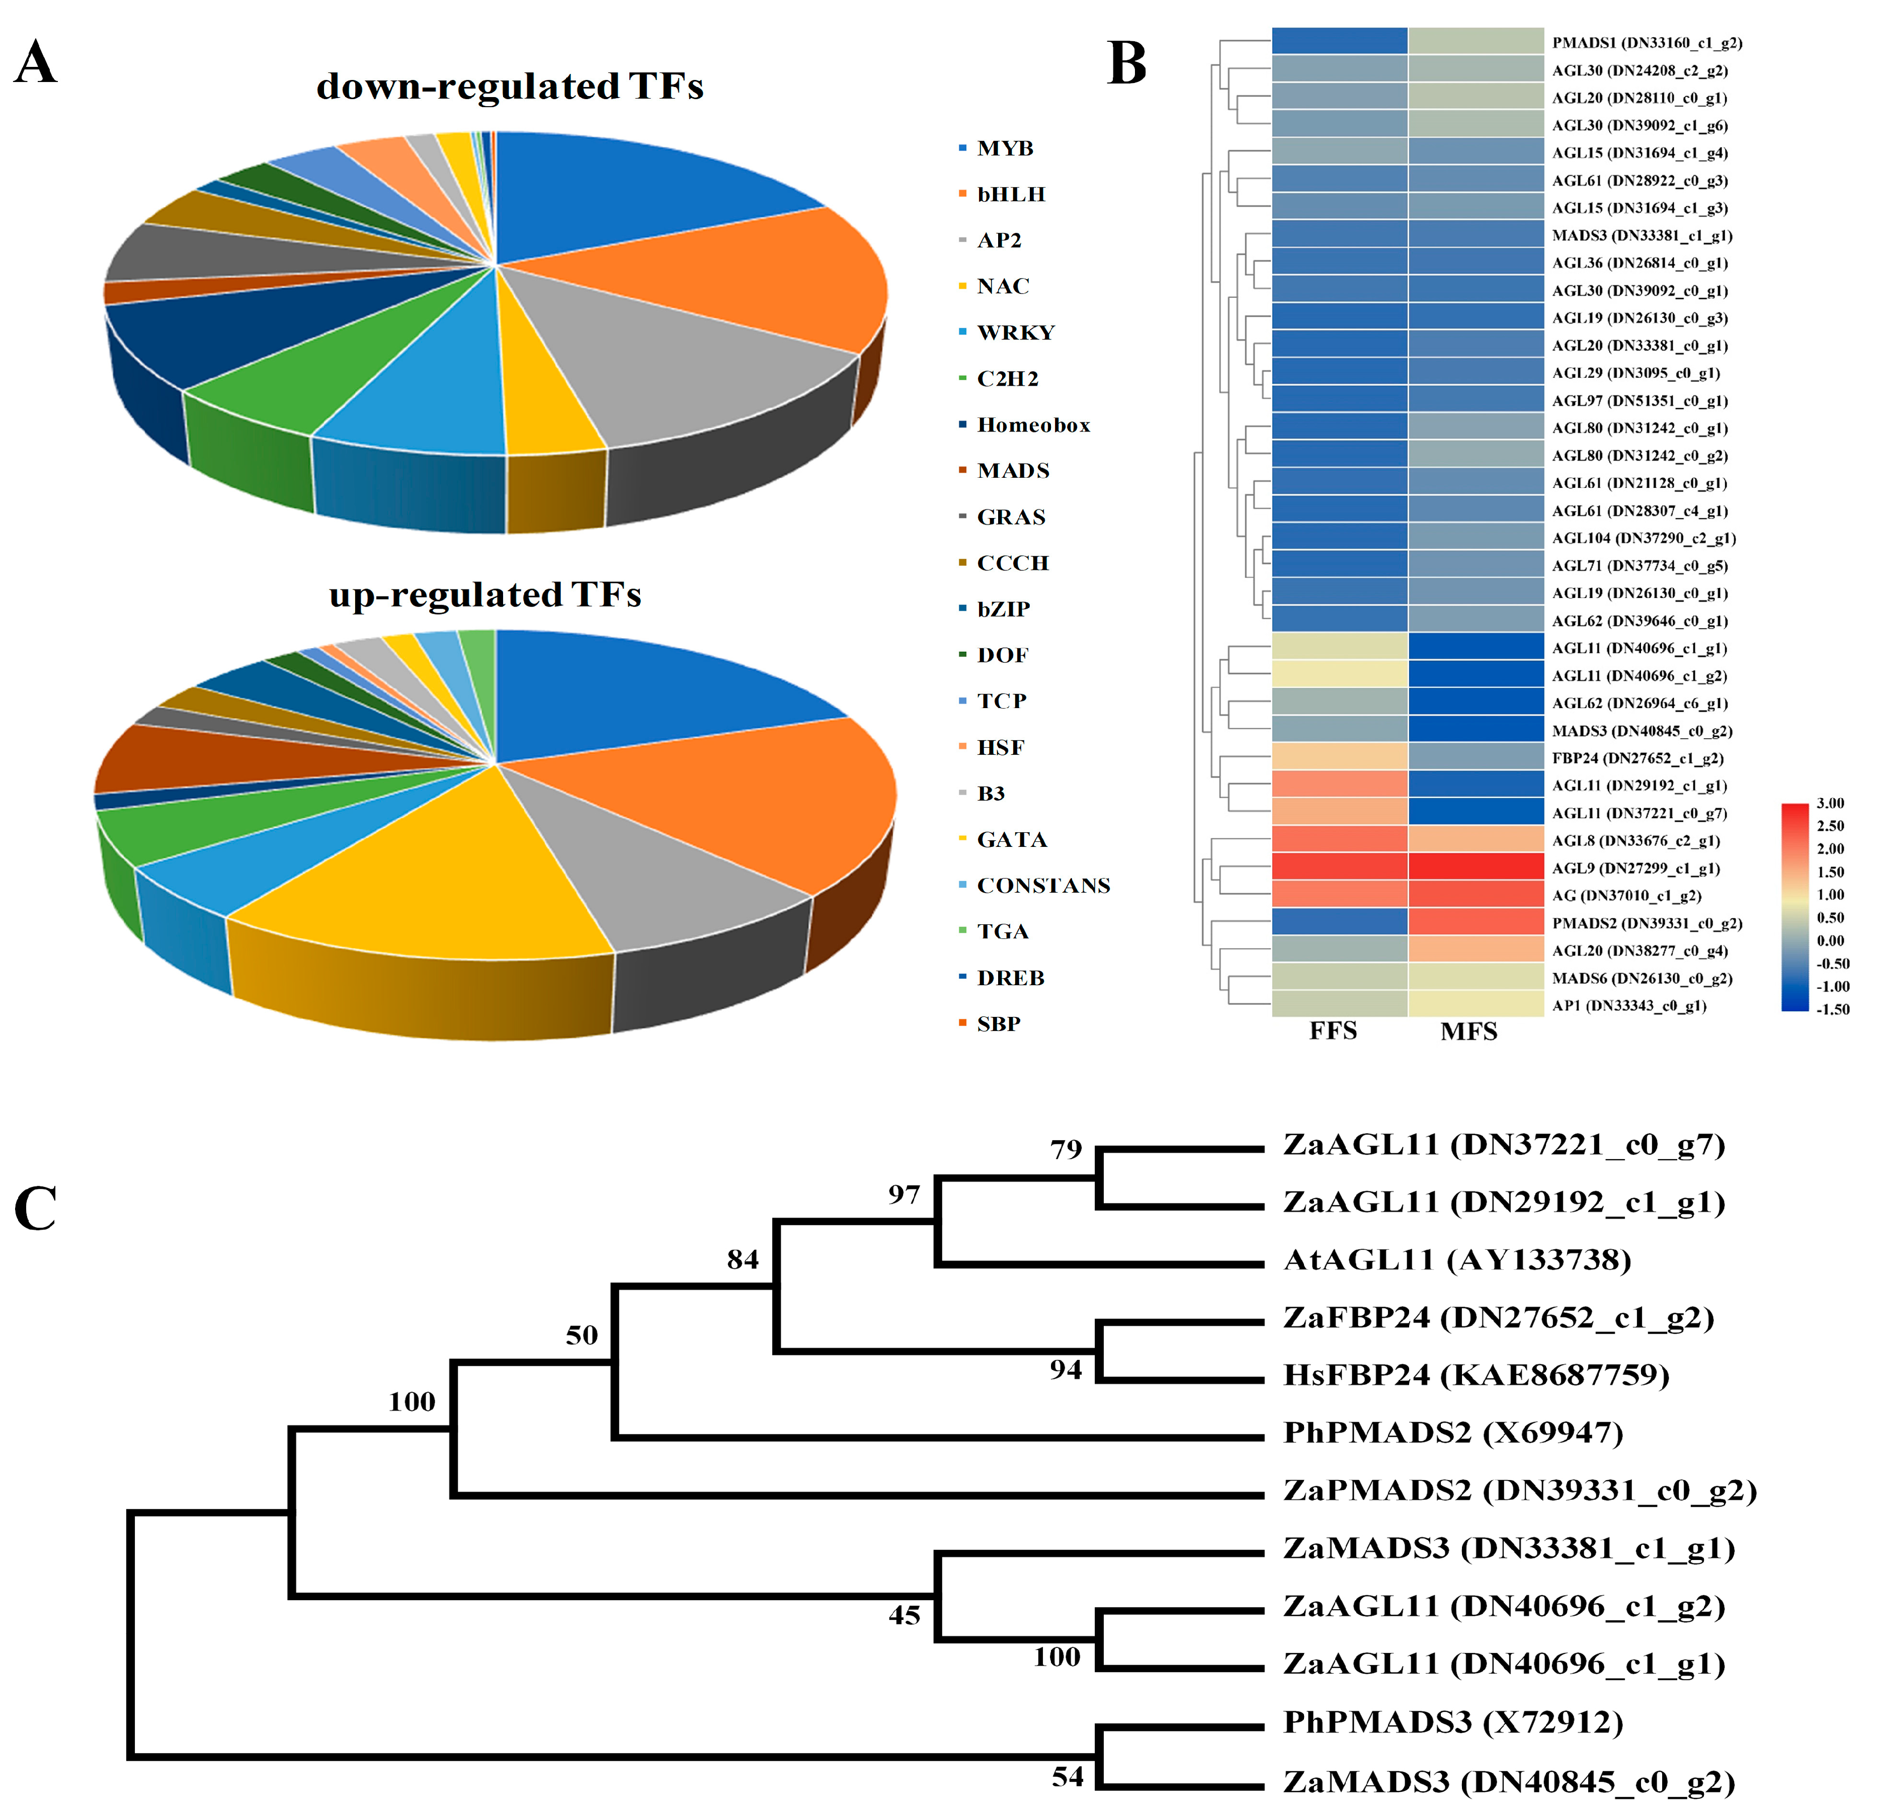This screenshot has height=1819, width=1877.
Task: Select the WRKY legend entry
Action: [x=1015, y=332]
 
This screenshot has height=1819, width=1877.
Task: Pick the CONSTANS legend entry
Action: [x=1043, y=886]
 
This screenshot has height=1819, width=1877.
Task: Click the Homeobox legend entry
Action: [x=1032, y=425]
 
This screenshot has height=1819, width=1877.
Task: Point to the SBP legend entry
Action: [x=998, y=1023]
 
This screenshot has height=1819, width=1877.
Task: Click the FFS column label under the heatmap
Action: [x=1333, y=1031]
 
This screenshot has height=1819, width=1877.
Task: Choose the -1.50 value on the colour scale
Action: [x=1832, y=1009]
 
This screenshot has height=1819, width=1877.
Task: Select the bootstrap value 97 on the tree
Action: [x=903, y=1195]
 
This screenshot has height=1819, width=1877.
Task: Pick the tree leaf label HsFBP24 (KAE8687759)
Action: [x=1476, y=1376]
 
